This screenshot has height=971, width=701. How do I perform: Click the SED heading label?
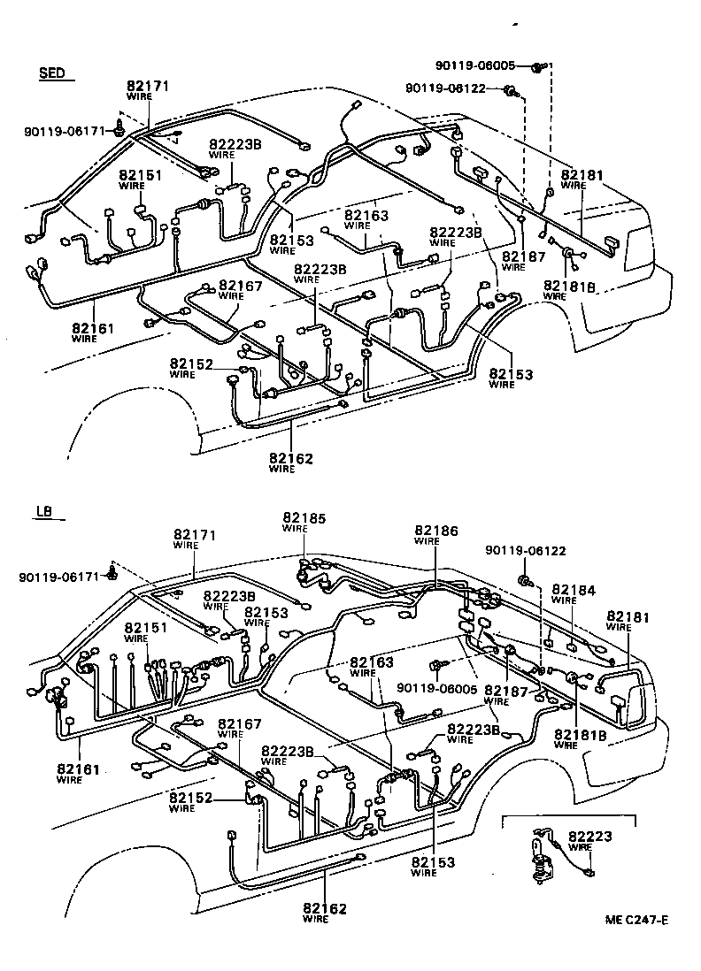(52, 73)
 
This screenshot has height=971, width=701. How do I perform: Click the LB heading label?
(44, 512)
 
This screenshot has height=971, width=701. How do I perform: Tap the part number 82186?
(433, 531)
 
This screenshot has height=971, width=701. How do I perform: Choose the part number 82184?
(574, 589)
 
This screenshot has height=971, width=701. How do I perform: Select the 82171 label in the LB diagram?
(195, 535)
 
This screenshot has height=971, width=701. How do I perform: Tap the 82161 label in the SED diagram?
(91, 327)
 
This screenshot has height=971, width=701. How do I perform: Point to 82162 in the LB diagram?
(325, 908)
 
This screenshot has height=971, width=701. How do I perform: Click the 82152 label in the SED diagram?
(192, 363)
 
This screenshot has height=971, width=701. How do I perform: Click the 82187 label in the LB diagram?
(506, 690)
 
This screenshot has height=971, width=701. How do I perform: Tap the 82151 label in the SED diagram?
(141, 175)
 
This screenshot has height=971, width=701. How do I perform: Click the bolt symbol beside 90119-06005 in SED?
(539, 65)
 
